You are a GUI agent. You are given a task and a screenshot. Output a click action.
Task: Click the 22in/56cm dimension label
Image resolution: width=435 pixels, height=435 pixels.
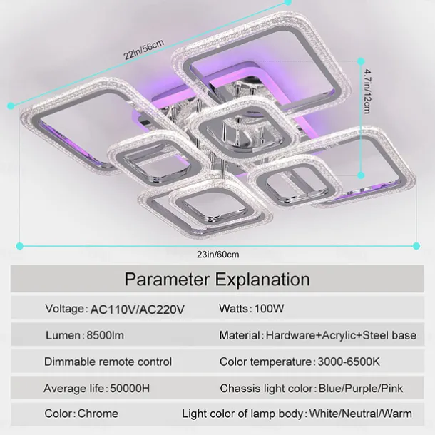[x=144, y=49]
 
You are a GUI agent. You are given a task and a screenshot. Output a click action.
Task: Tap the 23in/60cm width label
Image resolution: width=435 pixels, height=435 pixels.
[x=218, y=255]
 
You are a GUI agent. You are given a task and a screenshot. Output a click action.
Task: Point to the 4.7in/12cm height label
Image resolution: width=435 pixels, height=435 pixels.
[x=367, y=91]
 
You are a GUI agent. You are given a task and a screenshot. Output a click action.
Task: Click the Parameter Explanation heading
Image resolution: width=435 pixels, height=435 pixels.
[x=217, y=279]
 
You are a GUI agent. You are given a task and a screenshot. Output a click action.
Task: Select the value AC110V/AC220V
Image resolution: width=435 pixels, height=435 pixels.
[x=138, y=309]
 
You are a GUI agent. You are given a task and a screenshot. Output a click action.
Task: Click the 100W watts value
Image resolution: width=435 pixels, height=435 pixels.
[x=269, y=309]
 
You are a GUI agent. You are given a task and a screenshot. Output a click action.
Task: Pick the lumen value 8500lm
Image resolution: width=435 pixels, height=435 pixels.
[x=106, y=335]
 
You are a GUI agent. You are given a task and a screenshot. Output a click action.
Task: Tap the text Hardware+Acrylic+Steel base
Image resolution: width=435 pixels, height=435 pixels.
[x=341, y=335]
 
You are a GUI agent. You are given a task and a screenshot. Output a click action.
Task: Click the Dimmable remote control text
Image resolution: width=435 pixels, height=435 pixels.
[x=108, y=362]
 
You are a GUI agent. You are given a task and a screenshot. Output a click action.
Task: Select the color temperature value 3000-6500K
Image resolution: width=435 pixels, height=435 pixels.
[x=349, y=362]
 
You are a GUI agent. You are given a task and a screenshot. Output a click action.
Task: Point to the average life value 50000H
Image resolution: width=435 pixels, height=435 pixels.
[x=130, y=389]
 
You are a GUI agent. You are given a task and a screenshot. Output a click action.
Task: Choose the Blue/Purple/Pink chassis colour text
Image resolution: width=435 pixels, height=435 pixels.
[x=361, y=389]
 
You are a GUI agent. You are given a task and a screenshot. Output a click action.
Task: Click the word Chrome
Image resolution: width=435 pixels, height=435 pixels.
[x=98, y=414]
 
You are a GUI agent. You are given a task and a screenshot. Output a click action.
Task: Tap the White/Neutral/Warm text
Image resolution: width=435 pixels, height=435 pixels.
[x=361, y=414]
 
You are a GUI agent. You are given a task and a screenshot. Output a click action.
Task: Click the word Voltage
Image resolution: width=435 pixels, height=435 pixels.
[x=65, y=309]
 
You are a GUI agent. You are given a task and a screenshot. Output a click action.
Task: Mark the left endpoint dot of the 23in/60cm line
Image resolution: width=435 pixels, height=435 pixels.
[x=20, y=246]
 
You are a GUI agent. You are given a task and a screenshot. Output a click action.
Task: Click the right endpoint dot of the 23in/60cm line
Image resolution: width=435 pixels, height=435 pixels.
[x=416, y=246]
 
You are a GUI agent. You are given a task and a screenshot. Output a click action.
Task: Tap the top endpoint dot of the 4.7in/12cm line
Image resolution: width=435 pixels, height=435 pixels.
[x=361, y=61]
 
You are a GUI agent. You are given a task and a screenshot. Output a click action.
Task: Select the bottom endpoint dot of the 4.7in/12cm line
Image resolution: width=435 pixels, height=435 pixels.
[x=361, y=175]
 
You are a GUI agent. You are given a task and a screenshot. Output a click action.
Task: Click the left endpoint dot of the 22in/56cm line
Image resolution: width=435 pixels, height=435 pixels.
[x=11, y=106]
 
